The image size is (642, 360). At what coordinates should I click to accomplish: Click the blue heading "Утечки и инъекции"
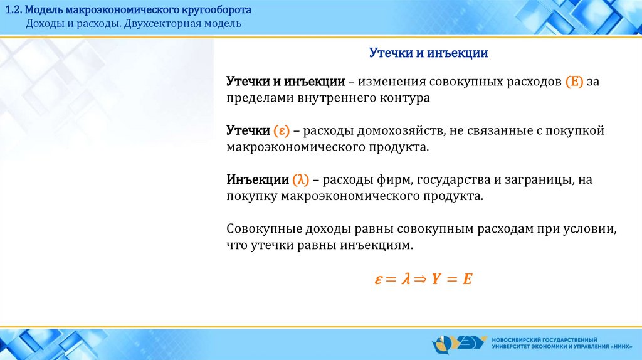pyautogui.click(x=428, y=53)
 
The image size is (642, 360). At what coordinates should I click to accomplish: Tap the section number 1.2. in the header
pyautogui.click(x=13, y=10)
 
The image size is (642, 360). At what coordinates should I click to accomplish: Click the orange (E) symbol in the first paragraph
pyautogui.click(x=574, y=82)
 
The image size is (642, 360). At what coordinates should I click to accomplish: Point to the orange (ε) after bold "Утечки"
pyautogui.click(x=282, y=130)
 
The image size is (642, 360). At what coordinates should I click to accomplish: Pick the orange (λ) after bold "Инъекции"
pyautogui.click(x=300, y=180)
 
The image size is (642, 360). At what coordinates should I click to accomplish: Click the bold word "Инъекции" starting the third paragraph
pyautogui.click(x=258, y=180)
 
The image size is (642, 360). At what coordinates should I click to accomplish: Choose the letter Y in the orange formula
pyautogui.click(x=436, y=279)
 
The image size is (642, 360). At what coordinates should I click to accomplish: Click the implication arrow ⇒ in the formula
pyautogui.click(x=419, y=279)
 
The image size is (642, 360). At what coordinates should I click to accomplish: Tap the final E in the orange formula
pyautogui.click(x=467, y=279)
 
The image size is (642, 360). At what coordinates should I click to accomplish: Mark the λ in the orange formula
pyautogui.click(x=406, y=278)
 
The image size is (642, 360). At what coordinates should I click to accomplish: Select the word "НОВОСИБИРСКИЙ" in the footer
pyautogui.click(x=517, y=340)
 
